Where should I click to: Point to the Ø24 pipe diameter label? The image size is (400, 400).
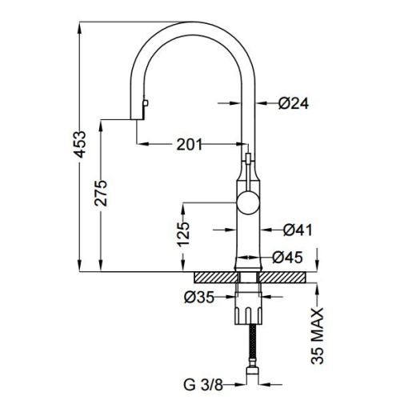tap(294, 102)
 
